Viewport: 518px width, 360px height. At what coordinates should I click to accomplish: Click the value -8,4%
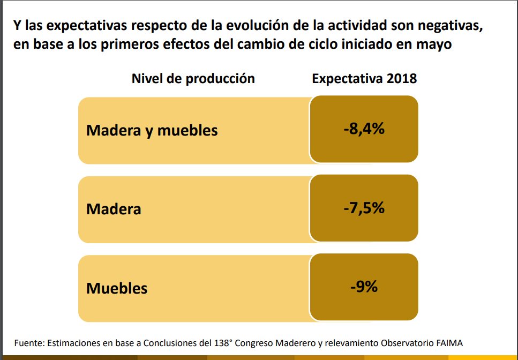364,129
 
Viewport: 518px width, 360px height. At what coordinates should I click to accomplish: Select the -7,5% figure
364,208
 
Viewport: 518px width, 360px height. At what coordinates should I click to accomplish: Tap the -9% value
364,287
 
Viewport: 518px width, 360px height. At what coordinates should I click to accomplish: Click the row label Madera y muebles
152,130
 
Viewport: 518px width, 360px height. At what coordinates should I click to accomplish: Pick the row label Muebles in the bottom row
117,288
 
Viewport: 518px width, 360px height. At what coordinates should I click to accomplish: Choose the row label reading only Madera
114,209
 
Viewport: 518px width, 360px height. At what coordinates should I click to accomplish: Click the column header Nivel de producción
193,79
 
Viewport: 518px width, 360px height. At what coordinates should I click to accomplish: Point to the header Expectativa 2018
364,79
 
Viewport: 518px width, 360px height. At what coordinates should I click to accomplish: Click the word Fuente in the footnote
29,343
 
